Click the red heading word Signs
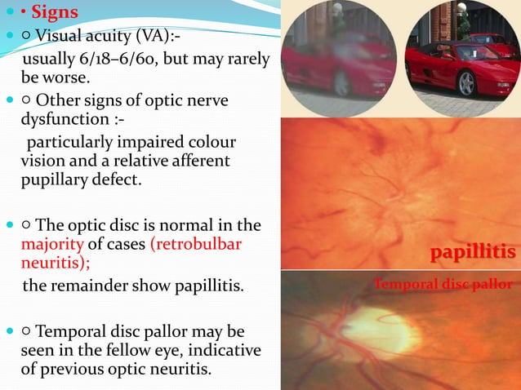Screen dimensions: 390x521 tap(56, 13)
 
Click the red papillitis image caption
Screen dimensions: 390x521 tap(473, 253)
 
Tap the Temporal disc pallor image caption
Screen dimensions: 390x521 tap(443, 285)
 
